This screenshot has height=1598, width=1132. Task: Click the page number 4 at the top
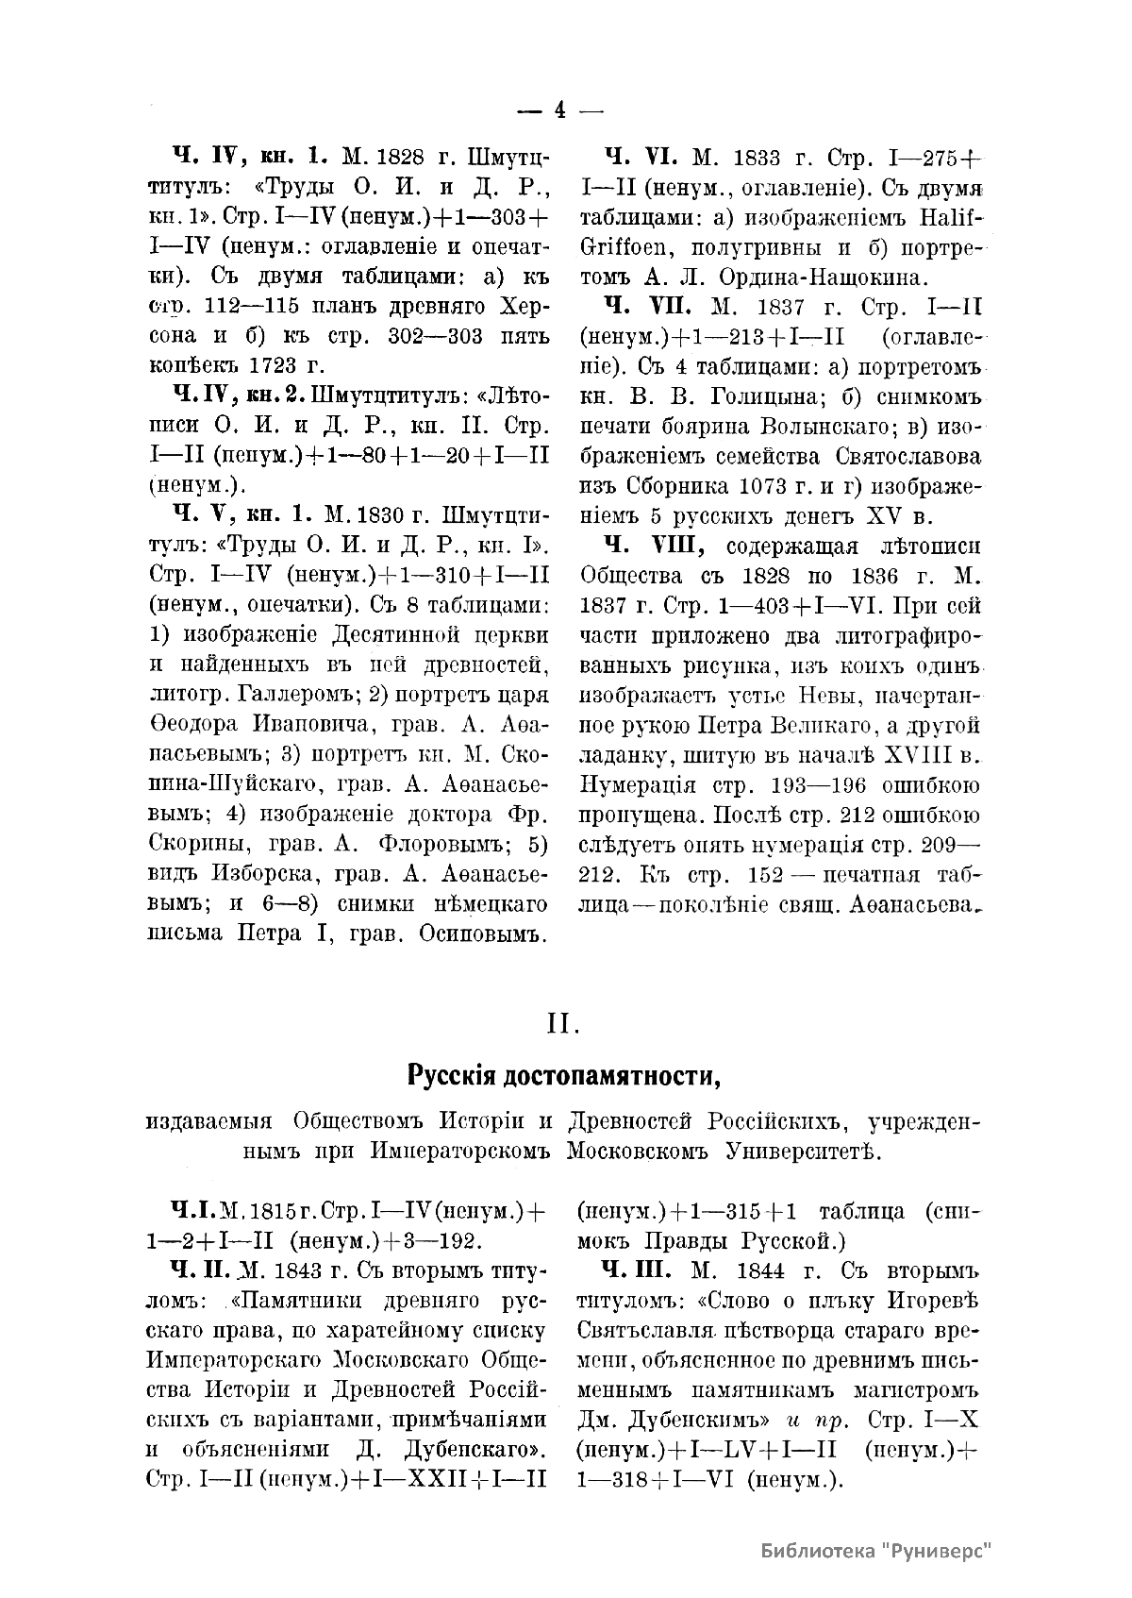point(559,110)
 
